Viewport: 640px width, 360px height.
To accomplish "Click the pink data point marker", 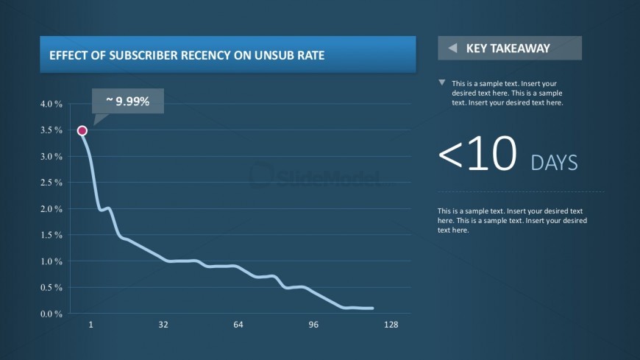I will point(82,131).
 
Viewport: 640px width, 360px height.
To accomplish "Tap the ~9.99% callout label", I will point(128,101).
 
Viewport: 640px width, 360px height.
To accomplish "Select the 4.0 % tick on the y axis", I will point(51,104).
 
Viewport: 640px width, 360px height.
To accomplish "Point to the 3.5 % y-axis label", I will point(51,130).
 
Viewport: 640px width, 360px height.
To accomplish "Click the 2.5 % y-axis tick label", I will point(51,183).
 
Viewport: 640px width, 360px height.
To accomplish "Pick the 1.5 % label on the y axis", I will point(51,235).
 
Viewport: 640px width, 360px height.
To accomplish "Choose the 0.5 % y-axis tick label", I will point(51,288).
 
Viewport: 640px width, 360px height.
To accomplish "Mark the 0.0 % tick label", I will point(51,314).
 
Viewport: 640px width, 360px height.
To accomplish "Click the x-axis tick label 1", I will point(91,325).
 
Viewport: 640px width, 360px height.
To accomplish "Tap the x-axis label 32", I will point(163,325).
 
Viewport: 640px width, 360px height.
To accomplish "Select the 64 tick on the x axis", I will point(238,325).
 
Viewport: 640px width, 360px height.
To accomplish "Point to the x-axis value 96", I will point(313,325).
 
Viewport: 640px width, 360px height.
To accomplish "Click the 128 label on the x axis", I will point(391,325).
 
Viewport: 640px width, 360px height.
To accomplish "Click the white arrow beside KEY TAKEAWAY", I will point(452,49).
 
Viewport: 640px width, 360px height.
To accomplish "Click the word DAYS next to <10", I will point(554,163).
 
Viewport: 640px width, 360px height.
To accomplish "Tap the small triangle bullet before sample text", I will point(441,82).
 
